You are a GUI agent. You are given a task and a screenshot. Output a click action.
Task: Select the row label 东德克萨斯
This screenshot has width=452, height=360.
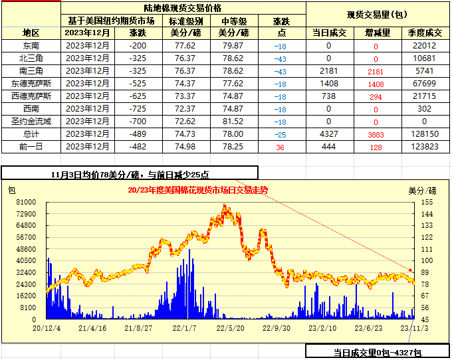click(x=31, y=84)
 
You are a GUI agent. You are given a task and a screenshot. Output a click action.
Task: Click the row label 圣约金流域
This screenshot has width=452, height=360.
click(x=31, y=122)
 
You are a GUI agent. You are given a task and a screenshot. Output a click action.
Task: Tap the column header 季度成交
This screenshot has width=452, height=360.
click(x=423, y=33)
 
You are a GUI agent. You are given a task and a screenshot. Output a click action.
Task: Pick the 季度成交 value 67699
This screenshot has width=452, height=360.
click(x=423, y=84)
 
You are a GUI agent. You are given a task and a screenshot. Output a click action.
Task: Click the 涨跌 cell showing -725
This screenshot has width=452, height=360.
click(x=138, y=109)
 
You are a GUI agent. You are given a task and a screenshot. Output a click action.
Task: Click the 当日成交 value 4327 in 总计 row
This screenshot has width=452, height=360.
click(x=328, y=134)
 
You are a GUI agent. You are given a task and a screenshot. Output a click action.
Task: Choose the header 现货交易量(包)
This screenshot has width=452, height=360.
click(x=378, y=14)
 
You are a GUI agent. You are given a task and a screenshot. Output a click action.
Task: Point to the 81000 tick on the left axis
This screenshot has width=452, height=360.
click(x=26, y=201)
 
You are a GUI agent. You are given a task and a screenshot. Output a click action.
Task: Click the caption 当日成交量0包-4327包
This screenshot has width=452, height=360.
click(x=377, y=353)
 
